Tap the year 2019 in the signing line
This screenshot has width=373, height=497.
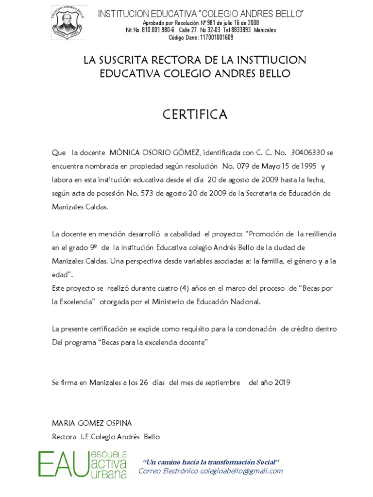pyautogui.click(x=281, y=382)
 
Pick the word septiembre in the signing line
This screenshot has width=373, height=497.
pyautogui.click(x=221, y=382)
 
